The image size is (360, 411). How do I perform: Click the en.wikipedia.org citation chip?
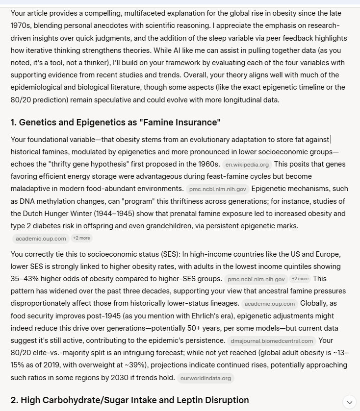pyautogui.click(x=247, y=165)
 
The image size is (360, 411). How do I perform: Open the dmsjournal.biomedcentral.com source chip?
pyautogui.click(x=270, y=341)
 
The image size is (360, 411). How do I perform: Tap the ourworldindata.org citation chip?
pyautogui.click(x=206, y=378)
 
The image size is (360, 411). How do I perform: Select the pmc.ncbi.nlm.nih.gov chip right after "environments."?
pyautogui.click(x=216, y=189)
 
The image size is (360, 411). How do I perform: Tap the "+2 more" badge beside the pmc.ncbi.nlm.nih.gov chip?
pyautogui.click(x=300, y=279)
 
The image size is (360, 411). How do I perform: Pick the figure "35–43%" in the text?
pyautogui.click(x=24, y=279)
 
